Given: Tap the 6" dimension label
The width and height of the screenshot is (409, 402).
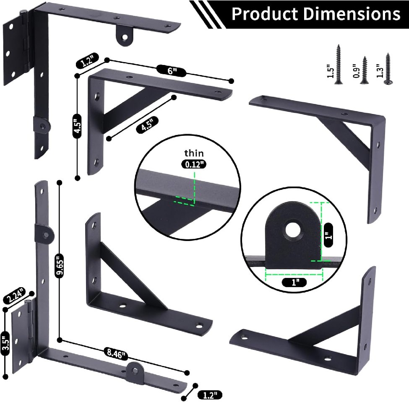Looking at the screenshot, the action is tap(172, 71).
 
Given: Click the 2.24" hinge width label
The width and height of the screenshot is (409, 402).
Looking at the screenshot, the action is tap(15, 295).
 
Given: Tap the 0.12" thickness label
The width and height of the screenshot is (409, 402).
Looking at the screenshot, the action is tap(194, 164).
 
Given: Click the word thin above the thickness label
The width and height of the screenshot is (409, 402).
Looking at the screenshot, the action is tap(194, 153).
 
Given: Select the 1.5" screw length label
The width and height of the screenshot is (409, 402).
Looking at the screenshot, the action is tap(330, 71).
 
